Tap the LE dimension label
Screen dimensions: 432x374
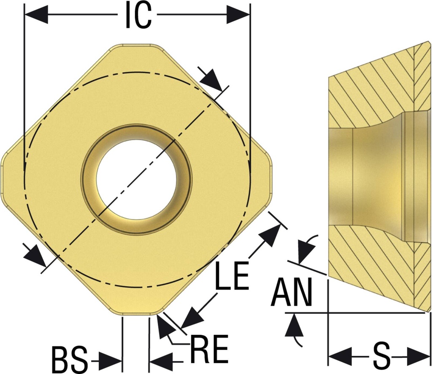click(x=232, y=276)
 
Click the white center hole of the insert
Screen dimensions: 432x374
click(x=136, y=180)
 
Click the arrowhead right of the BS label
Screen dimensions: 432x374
click(x=110, y=361)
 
